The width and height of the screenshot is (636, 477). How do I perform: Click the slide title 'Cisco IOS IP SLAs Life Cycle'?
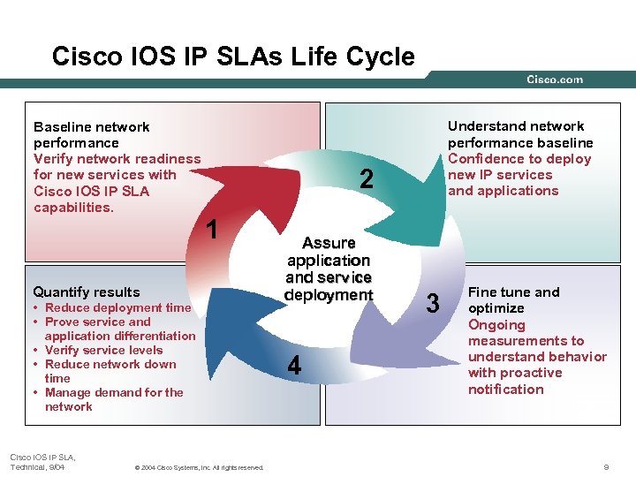tap(233, 57)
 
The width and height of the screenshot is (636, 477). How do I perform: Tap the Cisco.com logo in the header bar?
tap(554, 79)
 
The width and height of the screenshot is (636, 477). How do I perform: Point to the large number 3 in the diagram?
tap(433, 303)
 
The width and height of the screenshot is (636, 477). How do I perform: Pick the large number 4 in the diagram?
tap(294, 365)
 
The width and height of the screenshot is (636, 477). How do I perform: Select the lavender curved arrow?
tap(397, 340)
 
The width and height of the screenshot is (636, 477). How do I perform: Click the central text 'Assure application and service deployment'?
tap(329, 269)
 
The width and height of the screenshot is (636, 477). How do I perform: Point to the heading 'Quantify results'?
tap(86, 291)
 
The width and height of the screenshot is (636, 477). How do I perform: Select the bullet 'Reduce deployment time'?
tap(117, 307)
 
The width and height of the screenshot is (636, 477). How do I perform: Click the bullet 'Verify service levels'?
tap(103, 350)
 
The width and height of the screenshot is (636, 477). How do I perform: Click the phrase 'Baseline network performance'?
tap(91, 134)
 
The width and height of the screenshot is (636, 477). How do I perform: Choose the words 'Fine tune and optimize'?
tap(513, 300)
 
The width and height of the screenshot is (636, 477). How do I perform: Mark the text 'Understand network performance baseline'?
tap(519, 134)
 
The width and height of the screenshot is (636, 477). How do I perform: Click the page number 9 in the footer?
tap(605, 466)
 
